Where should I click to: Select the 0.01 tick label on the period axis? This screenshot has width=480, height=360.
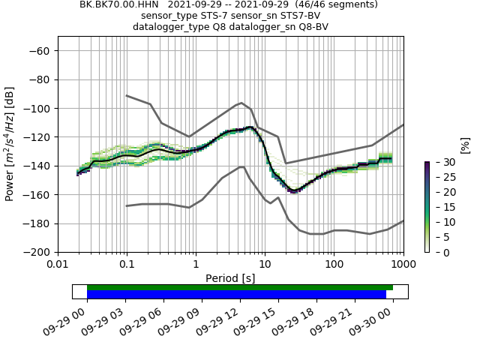58,265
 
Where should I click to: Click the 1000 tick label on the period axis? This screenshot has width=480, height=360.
403,265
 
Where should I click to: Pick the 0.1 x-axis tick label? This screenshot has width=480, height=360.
127,265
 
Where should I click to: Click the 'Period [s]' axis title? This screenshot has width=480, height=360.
230,278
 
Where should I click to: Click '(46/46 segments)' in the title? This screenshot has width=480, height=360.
329,4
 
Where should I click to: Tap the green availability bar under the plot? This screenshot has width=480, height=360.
240,287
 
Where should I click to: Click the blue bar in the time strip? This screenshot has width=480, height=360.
236,295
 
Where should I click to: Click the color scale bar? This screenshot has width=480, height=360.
427,207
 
